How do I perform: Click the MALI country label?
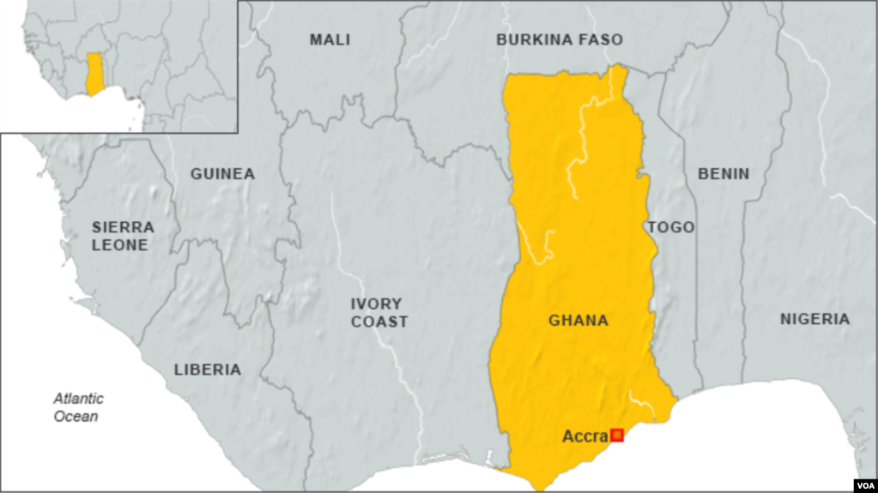pos(330,39)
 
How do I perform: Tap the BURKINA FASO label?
pos(559,39)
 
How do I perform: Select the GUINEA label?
pos(222,174)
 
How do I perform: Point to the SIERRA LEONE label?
pos(124,236)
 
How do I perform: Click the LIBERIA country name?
pos(207,370)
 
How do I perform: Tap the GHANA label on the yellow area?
pos(578,321)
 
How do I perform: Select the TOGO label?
pos(671,227)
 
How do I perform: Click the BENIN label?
pos(723,174)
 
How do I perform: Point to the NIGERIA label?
pos(814,319)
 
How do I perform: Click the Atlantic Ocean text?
pos(78,407)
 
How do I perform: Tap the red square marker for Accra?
pos(616,436)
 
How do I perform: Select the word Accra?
pos(584,436)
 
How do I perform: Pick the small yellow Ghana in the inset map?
pos(94,73)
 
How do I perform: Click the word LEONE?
pos(124,245)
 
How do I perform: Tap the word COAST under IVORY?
pos(378,322)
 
